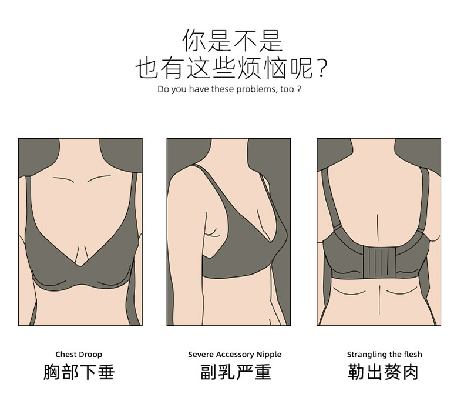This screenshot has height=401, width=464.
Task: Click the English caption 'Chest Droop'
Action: (79, 354)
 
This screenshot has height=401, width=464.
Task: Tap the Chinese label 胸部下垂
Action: (79, 372)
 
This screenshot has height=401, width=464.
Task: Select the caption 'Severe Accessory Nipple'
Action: (235, 355)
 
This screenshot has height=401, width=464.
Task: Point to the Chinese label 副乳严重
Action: (236, 372)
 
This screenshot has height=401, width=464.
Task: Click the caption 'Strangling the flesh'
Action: (384, 355)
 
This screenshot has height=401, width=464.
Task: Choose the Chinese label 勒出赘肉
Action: (384, 372)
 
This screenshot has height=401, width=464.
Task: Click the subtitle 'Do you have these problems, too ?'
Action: (229, 89)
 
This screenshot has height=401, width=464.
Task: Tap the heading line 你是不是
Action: (233, 41)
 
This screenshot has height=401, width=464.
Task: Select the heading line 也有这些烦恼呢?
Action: (231, 68)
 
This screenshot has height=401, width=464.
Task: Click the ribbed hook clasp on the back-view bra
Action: (379, 262)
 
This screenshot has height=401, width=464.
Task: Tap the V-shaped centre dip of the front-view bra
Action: (80, 265)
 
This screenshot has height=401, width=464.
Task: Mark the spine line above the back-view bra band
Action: (378, 228)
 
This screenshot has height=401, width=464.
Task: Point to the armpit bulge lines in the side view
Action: (213, 232)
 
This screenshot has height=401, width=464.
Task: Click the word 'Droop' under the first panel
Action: (90, 355)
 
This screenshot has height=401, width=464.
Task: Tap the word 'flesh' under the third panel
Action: (412, 355)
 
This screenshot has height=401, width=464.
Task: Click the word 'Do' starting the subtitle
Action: (162, 89)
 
